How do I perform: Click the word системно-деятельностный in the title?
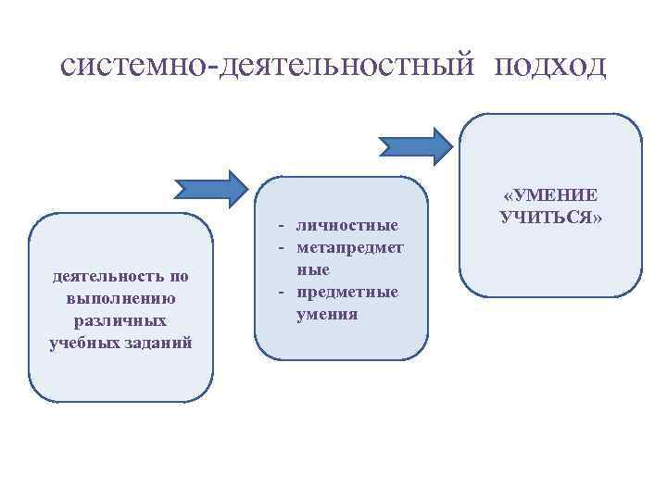[270, 65]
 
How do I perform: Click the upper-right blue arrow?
[415, 144]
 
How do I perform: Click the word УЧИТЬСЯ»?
[551, 218]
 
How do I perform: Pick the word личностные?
[346, 225]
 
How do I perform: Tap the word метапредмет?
[349, 247]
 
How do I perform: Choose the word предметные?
[346, 292]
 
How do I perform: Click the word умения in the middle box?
[326, 315]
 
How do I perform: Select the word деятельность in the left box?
[104, 276]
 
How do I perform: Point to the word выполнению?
[120, 298]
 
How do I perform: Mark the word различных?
[120, 320]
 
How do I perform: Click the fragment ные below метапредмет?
[312, 269]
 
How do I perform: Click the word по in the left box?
[178, 276]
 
